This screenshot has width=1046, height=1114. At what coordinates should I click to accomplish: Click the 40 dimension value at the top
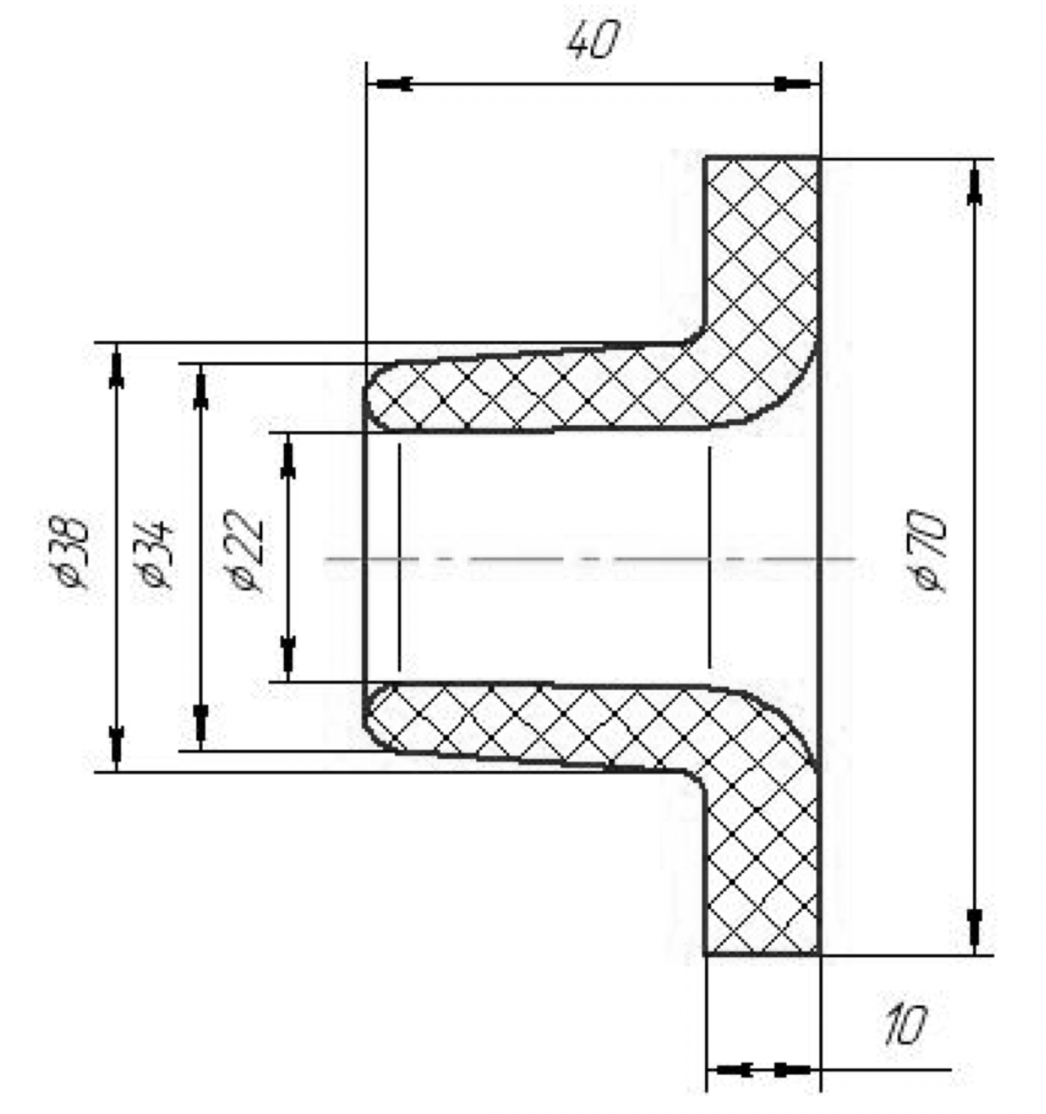click(x=593, y=40)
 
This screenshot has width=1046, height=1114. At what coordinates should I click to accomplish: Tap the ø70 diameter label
click(x=928, y=550)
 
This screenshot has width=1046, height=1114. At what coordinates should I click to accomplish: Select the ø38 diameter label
click(x=69, y=552)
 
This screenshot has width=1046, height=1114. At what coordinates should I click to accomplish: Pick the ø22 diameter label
click(x=244, y=550)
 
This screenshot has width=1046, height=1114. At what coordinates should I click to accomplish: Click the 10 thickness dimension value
click(x=905, y=1025)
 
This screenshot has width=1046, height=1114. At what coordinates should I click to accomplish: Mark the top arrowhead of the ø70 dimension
click(x=975, y=182)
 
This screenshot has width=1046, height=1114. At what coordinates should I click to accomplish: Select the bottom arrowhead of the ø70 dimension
click(x=975, y=932)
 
